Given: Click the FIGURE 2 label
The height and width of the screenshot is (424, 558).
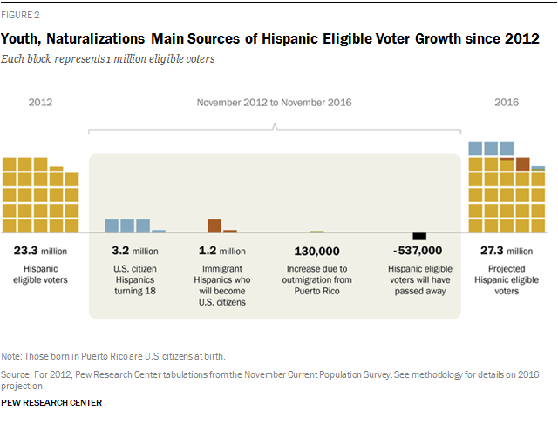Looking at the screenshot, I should tap(21, 15).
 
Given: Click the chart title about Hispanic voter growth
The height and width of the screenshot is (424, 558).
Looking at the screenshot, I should tap(269, 39).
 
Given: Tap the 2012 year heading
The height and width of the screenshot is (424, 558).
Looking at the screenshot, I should tap(40, 103).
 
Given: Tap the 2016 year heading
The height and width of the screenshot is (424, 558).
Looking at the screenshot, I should tap(507, 103).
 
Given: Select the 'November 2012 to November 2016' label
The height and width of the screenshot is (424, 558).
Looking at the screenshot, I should tap(275, 103).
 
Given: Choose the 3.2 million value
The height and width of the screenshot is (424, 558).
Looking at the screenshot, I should tap(134, 251).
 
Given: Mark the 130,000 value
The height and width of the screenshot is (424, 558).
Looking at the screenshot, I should tap(316, 251).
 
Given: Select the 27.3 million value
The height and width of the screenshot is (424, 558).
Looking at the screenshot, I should tap(507, 251).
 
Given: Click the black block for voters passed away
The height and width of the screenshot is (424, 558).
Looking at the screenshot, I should tap(419, 236).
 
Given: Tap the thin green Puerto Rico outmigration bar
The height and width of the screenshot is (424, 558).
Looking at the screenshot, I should tap(316, 232).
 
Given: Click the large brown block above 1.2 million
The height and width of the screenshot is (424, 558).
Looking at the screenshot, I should tap(214, 225).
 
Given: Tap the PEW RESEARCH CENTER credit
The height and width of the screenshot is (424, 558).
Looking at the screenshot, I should tap(51, 402).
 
